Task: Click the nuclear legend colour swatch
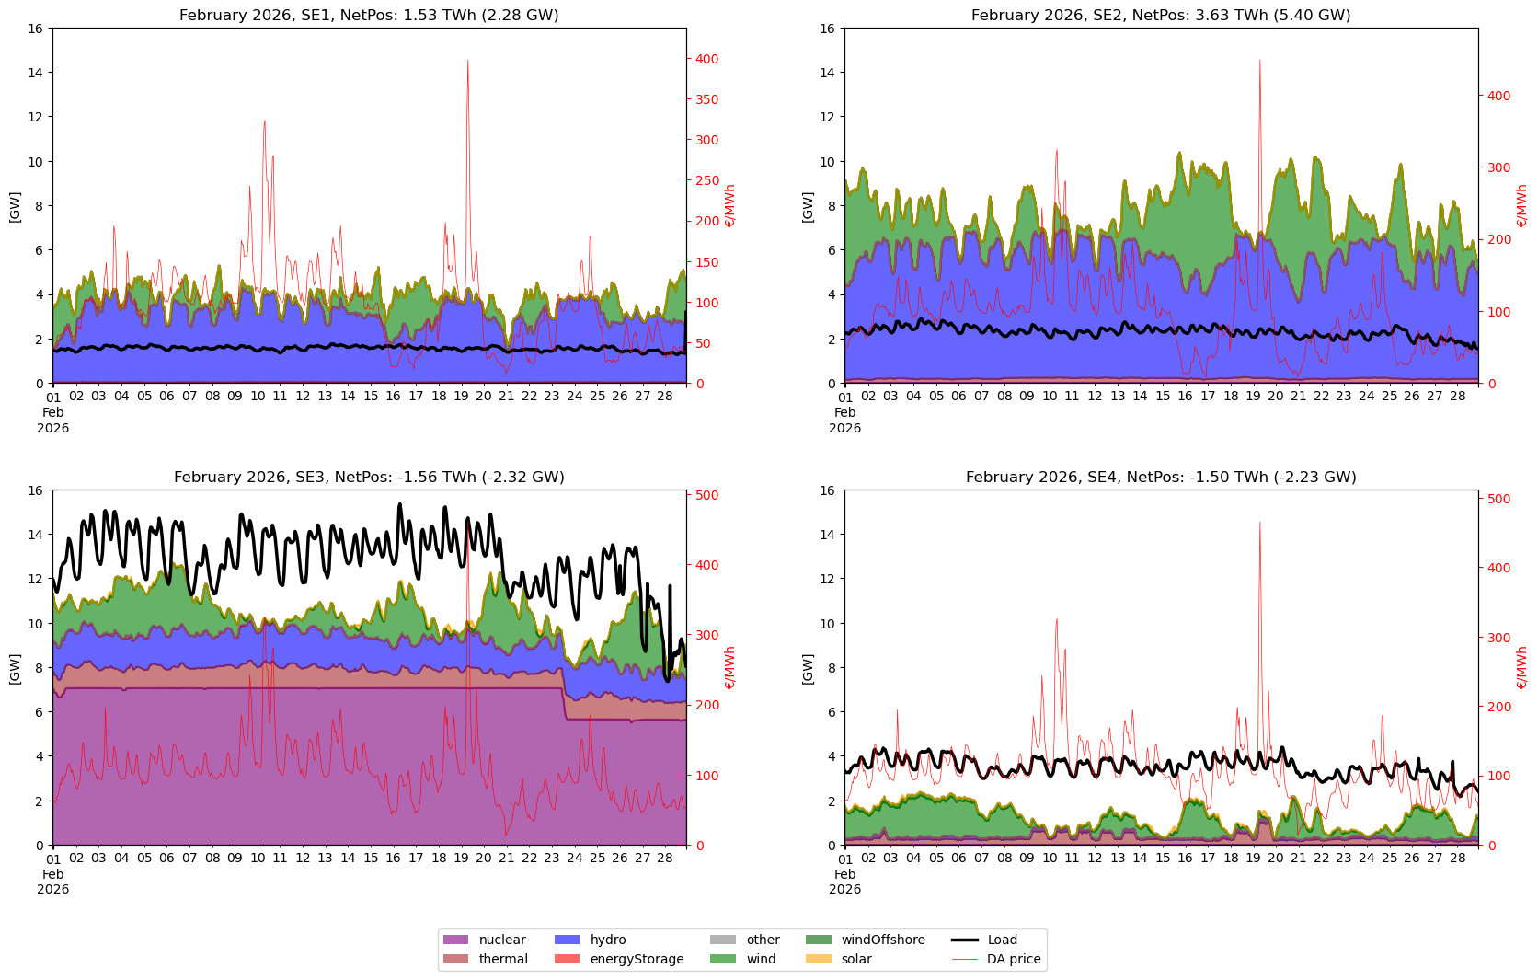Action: pyautogui.click(x=455, y=940)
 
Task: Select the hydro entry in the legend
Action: pyautogui.click(x=607, y=940)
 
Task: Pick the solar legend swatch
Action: pyautogui.click(x=818, y=959)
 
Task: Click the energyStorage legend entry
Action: pyautogui.click(x=637, y=959)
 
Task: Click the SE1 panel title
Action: pyautogui.click(x=369, y=16)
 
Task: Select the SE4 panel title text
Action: pyautogui.click(x=1161, y=477)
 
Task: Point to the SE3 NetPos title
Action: pyautogui.click(x=369, y=477)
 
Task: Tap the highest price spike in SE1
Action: pyautogui.click(x=467, y=61)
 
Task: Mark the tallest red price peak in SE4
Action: pyautogui.click(x=1259, y=523)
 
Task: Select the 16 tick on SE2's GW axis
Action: pyautogui.click(x=828, y=29)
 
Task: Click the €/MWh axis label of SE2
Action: pyautogui.click(x=1521, y=206)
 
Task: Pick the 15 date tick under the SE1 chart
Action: pyautogui.click(x=371, y=397)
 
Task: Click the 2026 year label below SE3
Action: pyautogui.click(x=53, y=889)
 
